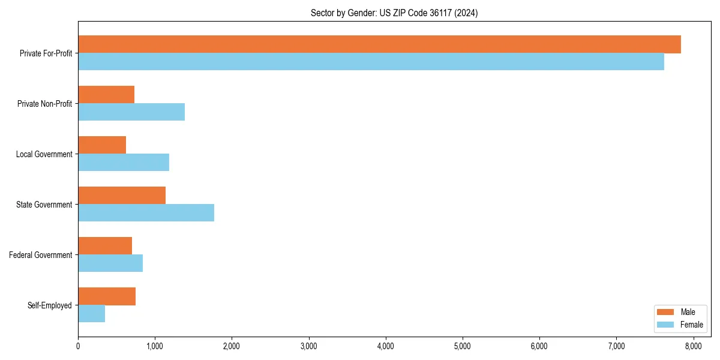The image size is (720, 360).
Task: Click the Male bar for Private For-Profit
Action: coord(379,44)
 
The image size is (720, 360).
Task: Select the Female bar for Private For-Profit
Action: coord(371,62)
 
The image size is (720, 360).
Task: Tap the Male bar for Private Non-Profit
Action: coord(106,95)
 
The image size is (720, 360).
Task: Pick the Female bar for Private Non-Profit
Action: coord(131,112)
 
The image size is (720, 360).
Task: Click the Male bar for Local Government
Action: coord(102,145)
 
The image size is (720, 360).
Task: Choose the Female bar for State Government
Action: coord(146,213)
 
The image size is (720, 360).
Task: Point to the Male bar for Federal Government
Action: coord(105,246)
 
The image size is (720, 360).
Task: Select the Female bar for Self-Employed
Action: coord(91,314)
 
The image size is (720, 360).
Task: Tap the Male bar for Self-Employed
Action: coord(107,296)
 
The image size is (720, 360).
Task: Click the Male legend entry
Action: coord(680,312)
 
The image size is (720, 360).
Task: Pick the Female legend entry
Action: coord(680,325)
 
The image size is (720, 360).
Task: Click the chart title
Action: coord(394,13)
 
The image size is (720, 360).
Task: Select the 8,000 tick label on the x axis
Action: coord(693,346)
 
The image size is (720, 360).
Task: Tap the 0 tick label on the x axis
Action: coord(78,346)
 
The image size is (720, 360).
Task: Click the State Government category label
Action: coord(44,205)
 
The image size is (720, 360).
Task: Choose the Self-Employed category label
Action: coord(50,305)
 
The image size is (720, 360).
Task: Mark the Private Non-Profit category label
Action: coord(44,104)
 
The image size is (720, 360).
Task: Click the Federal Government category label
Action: coord(41,255)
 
